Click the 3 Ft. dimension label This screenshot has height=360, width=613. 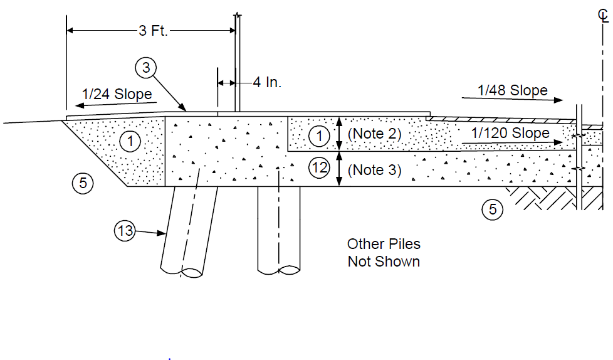point(153,31)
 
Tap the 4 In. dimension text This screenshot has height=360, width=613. point(267,82)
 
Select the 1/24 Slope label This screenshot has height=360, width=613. point(117,94)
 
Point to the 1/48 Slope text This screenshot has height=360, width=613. point(513,90)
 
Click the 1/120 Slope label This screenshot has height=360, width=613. point(510,133)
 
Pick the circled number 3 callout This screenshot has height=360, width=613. point(146,68)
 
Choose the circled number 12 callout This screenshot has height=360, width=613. point(320,167)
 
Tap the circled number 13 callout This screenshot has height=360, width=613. point(125,230)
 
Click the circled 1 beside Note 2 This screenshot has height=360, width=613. point(319,135)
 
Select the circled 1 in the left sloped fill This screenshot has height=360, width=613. point(130,141)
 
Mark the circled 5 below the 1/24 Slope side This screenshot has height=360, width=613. point(83,183)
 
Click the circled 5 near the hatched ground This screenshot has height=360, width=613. point(492,209)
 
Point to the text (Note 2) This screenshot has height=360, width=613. point(375,134)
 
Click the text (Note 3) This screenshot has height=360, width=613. point(375,170)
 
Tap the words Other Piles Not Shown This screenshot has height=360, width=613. point(384,253)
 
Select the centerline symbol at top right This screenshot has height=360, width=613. point(603,16)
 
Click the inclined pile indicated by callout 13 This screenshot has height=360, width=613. point(189,231)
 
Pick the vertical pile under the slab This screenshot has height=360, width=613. point(279,230)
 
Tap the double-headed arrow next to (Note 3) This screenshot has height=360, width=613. point(339,168)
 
